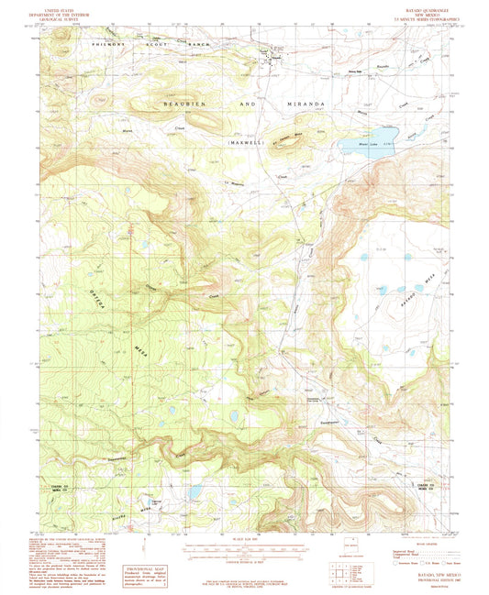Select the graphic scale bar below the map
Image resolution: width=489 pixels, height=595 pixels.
(243, 552)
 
